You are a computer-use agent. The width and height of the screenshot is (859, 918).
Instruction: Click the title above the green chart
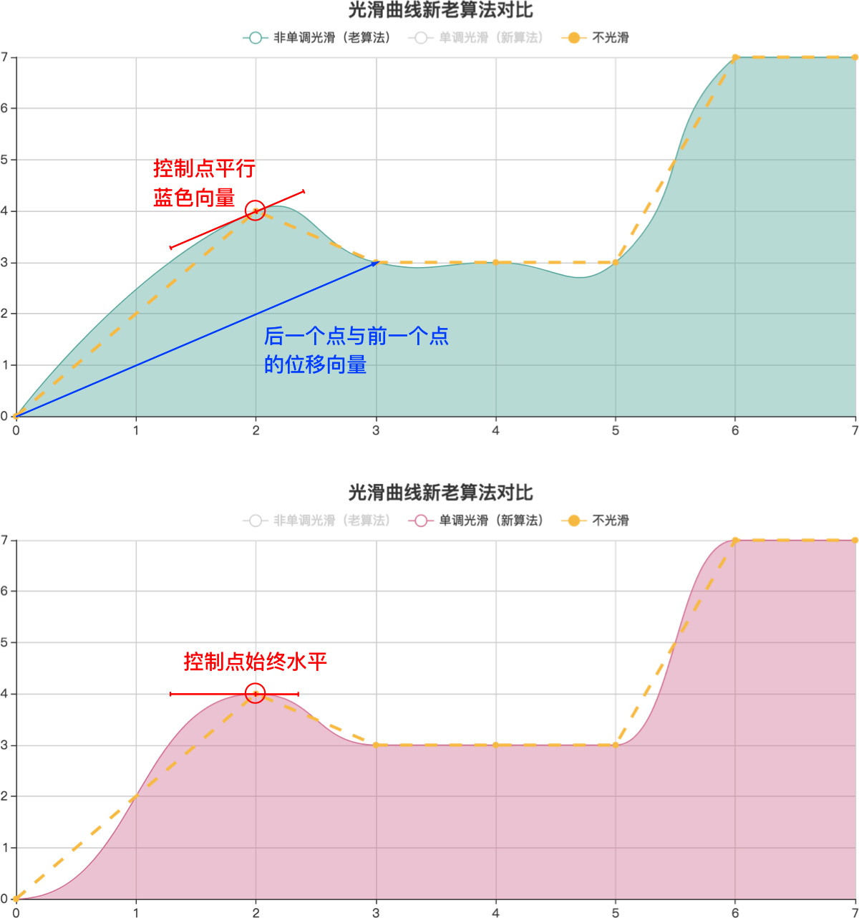[440, 11]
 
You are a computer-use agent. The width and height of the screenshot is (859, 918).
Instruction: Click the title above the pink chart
[440, 493]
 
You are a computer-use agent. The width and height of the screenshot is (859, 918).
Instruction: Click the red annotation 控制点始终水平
[256, 662]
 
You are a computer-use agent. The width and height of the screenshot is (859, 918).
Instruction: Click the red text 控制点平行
[204, 170]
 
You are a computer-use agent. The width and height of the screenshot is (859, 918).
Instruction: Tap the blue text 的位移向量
[316, 364]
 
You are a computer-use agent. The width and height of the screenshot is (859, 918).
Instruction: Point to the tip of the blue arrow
[379, 262]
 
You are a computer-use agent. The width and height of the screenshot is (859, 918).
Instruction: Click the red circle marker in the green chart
[256, 211]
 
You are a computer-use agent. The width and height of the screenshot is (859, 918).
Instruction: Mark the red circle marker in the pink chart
[256, 693]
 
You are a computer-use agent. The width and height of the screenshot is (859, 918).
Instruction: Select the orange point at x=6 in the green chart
[735, 57]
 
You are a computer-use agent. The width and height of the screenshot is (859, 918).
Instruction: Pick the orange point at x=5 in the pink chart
[616, 745]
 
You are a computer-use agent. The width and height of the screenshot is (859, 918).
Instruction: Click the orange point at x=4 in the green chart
[495, 262]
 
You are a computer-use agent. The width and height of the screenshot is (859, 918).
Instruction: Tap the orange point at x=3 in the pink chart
[376, 745]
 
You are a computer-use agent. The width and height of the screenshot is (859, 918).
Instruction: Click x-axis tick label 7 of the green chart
[855, 430]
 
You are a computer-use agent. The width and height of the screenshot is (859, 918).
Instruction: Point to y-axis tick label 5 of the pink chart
[4, 642]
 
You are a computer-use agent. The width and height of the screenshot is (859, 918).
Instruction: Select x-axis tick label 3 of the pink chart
[376, 913]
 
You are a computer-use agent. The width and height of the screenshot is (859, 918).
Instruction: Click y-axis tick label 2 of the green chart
[4, 314]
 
